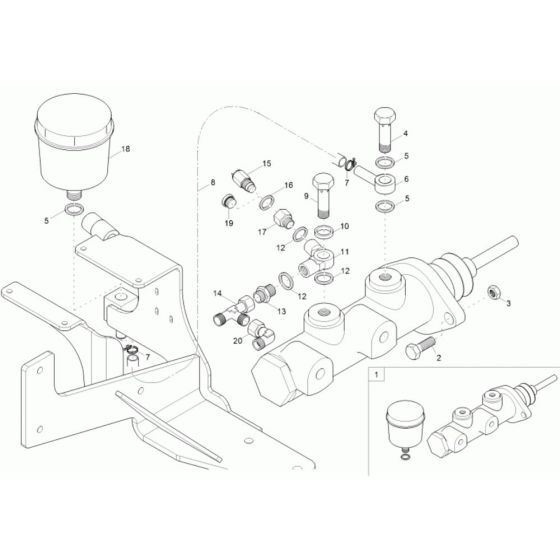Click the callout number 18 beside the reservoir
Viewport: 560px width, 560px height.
click(x=126, y=149)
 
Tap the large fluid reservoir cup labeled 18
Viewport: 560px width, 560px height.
click(x=74, y=145)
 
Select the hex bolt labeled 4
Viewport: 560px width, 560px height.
click(x=385, y=129)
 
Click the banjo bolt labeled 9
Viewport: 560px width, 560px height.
click(x=323, y=196)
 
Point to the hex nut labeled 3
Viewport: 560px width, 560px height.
click(x=494, y=292)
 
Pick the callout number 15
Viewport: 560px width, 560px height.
click(x=267, y=164)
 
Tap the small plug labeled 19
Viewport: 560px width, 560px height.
click(x=227, y=201)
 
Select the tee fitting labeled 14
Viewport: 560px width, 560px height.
click(x=234, y=309)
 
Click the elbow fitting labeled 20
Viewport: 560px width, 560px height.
click(x=261, y=334)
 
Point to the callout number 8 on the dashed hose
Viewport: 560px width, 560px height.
click(x=213, y=182)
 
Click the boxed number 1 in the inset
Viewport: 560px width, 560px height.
click(x=376, y=375)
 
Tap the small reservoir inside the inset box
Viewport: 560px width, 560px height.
click(x=405, y=425)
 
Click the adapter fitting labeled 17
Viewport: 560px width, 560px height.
click(x=284, y=219)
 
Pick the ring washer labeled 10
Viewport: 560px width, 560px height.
click(x=324, y=232)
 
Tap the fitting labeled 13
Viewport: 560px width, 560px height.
click(x=264, y=293)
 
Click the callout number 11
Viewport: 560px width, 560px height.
click(x=345, y=252)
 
